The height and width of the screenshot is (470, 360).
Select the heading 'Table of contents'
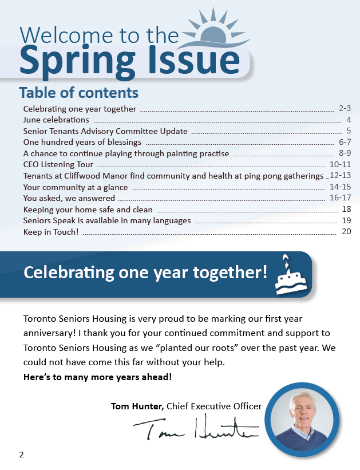[x=78, y=92]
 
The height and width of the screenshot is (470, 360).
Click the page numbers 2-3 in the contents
[x=344, y=108]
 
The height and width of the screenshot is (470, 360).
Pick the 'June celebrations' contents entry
[x=56, y=120]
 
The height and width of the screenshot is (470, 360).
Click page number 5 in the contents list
[x=348, y=131]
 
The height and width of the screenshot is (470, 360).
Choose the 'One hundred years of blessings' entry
[x=82, y=142]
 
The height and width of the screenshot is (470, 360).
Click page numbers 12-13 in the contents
[x=340, y=176]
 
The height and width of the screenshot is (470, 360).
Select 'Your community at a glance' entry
[x=76, y=187]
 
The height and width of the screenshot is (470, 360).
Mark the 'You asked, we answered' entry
[x=69, y=198]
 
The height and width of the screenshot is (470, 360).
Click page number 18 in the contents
[x=346, y=210]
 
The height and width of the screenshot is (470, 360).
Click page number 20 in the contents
[x=346, y=232]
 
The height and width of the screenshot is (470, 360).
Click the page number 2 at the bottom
[x=21, y=455]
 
